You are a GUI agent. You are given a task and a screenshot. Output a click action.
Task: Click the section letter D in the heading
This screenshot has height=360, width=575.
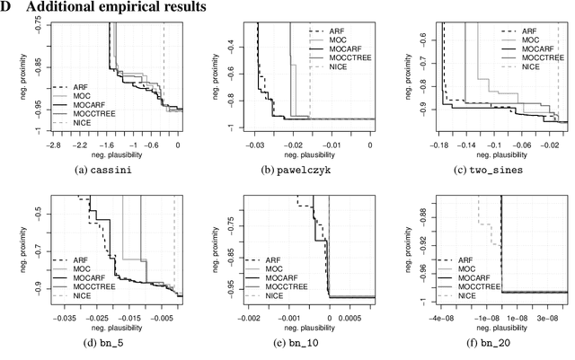click(7, 7)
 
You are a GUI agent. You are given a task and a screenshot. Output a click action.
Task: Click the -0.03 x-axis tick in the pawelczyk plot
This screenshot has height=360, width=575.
click(257, 144)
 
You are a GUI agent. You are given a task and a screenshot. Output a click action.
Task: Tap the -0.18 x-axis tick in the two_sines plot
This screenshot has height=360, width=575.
click(444, 144)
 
